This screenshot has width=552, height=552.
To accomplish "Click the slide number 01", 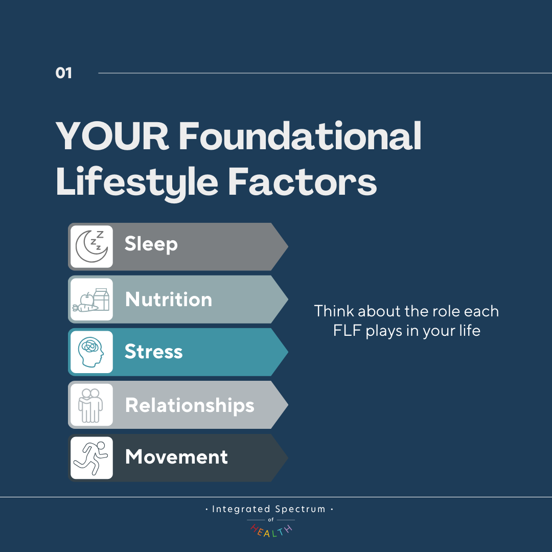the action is click(64, 73).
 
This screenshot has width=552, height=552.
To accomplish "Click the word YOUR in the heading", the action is click(112, 136).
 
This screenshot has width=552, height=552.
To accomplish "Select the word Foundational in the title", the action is click(300, 136).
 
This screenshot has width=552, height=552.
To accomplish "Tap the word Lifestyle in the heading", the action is click(137, 183).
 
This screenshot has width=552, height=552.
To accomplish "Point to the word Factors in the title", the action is click(303, 182).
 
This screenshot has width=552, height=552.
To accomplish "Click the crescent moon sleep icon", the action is click(91, 246).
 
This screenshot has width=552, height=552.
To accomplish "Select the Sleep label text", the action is click(151, 244).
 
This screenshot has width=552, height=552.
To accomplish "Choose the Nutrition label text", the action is click(169, 299).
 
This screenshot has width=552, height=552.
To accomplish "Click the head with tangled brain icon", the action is click(91, 352).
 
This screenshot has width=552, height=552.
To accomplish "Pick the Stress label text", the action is click(153, 351).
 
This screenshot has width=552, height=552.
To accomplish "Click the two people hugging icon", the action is click(90, 405).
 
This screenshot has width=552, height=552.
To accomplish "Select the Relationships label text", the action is click(190, 405).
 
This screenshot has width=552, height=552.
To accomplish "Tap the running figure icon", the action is click(91, 457).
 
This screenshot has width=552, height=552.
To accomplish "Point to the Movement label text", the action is click(176, 457).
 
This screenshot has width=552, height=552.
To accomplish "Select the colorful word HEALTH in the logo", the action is click(271, 531).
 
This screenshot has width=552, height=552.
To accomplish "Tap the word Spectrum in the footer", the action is click(301, 510).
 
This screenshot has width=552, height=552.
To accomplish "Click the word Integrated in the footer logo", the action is click(241, 510).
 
